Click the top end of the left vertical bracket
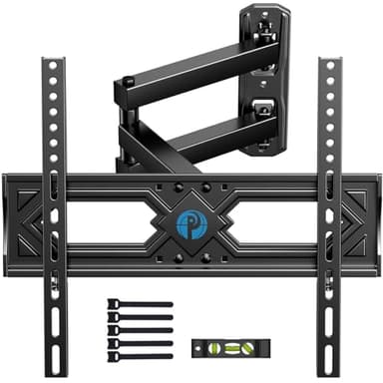[x=53, y=65]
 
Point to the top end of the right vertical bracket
[x=329, y=65]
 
